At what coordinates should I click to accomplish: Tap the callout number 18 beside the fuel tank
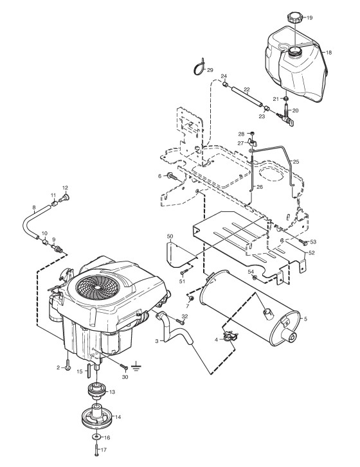328,53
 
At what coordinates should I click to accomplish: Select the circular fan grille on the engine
98,286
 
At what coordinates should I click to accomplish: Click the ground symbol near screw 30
136,366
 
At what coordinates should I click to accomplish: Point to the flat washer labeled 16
96,437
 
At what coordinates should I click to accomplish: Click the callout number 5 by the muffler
305,319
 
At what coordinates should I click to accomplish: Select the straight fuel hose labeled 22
247,96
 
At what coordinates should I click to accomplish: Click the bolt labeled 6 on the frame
172,176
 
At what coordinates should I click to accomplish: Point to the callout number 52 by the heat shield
311,253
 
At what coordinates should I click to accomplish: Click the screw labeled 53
303,243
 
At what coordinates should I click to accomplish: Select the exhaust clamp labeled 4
230,337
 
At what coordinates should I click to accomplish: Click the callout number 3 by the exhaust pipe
157,341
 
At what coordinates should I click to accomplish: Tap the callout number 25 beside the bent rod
296,162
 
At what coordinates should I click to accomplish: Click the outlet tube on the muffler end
289,335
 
